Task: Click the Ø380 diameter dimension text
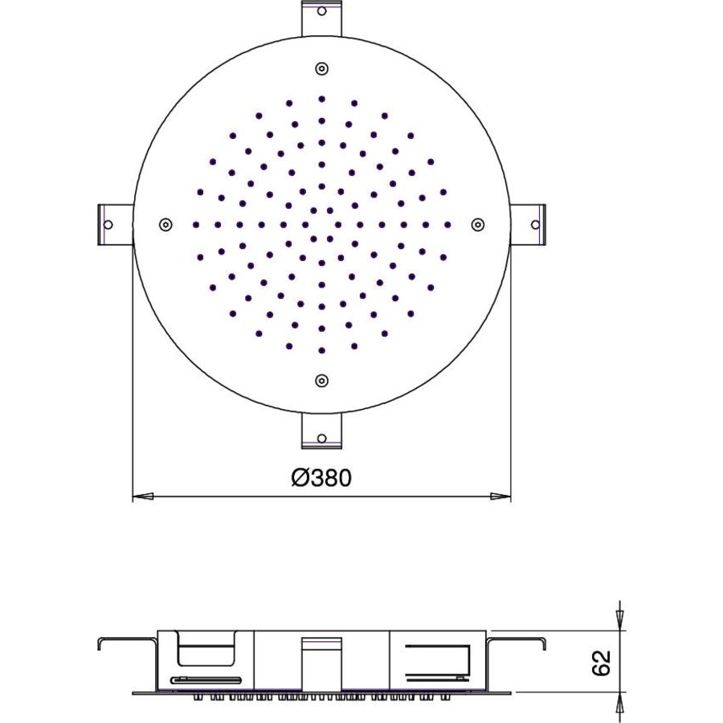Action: pos(321,478)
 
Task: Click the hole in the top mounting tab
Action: pos(321,12)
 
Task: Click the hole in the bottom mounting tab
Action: pos(321,438)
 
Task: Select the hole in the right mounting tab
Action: pos(536,224)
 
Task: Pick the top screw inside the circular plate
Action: pos(321,68)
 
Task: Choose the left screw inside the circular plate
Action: pos(165,224)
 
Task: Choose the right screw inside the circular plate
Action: pos(477,224)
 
